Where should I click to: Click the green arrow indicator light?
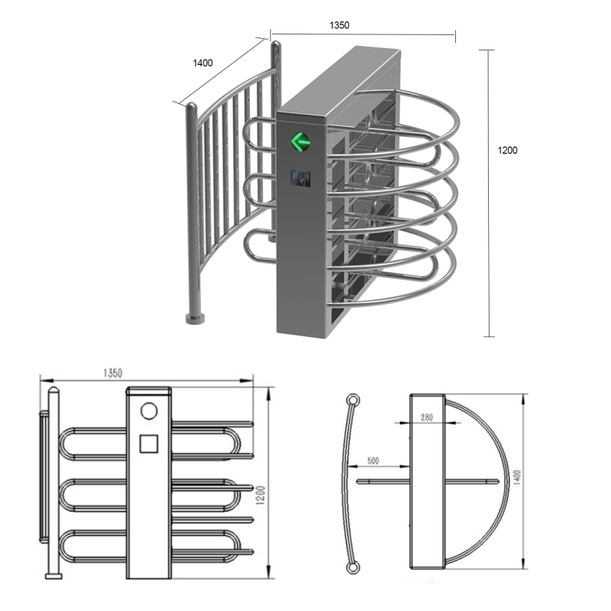click(x=299, y=141)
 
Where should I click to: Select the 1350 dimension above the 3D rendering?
click(x=339, y=25)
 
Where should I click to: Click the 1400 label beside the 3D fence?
click(x=202, y=63)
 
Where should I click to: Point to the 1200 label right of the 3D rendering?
click(x=508, y=150)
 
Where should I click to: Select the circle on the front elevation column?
click(x=149, y=411)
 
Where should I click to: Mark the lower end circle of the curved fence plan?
click(x=351, y=567)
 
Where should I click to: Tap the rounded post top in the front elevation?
click(x=53, y=393)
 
